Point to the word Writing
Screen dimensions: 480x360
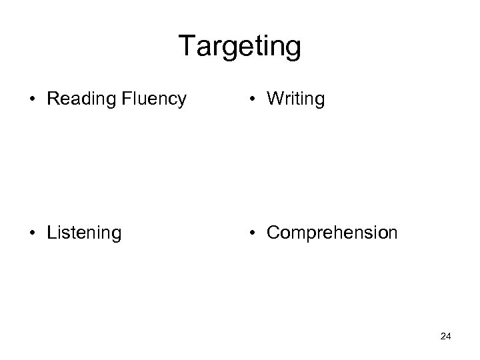pos(295,99)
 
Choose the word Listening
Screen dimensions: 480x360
pos(84,233)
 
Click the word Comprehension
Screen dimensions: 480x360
pos(331,233)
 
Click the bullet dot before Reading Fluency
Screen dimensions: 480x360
pos(33,99)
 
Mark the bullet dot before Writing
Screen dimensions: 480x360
pos(253,99)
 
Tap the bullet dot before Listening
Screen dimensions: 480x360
pos(33,233)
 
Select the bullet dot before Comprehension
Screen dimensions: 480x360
pos(253,233)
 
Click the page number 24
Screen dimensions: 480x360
pos(446,337)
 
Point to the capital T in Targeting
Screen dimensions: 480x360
pos(187,47)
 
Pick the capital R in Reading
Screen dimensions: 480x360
pos(53,99)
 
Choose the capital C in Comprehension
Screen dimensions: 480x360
pos(273,232)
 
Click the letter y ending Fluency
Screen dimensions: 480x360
pos(181,101)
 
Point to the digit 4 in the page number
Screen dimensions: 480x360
pos(449,337)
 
